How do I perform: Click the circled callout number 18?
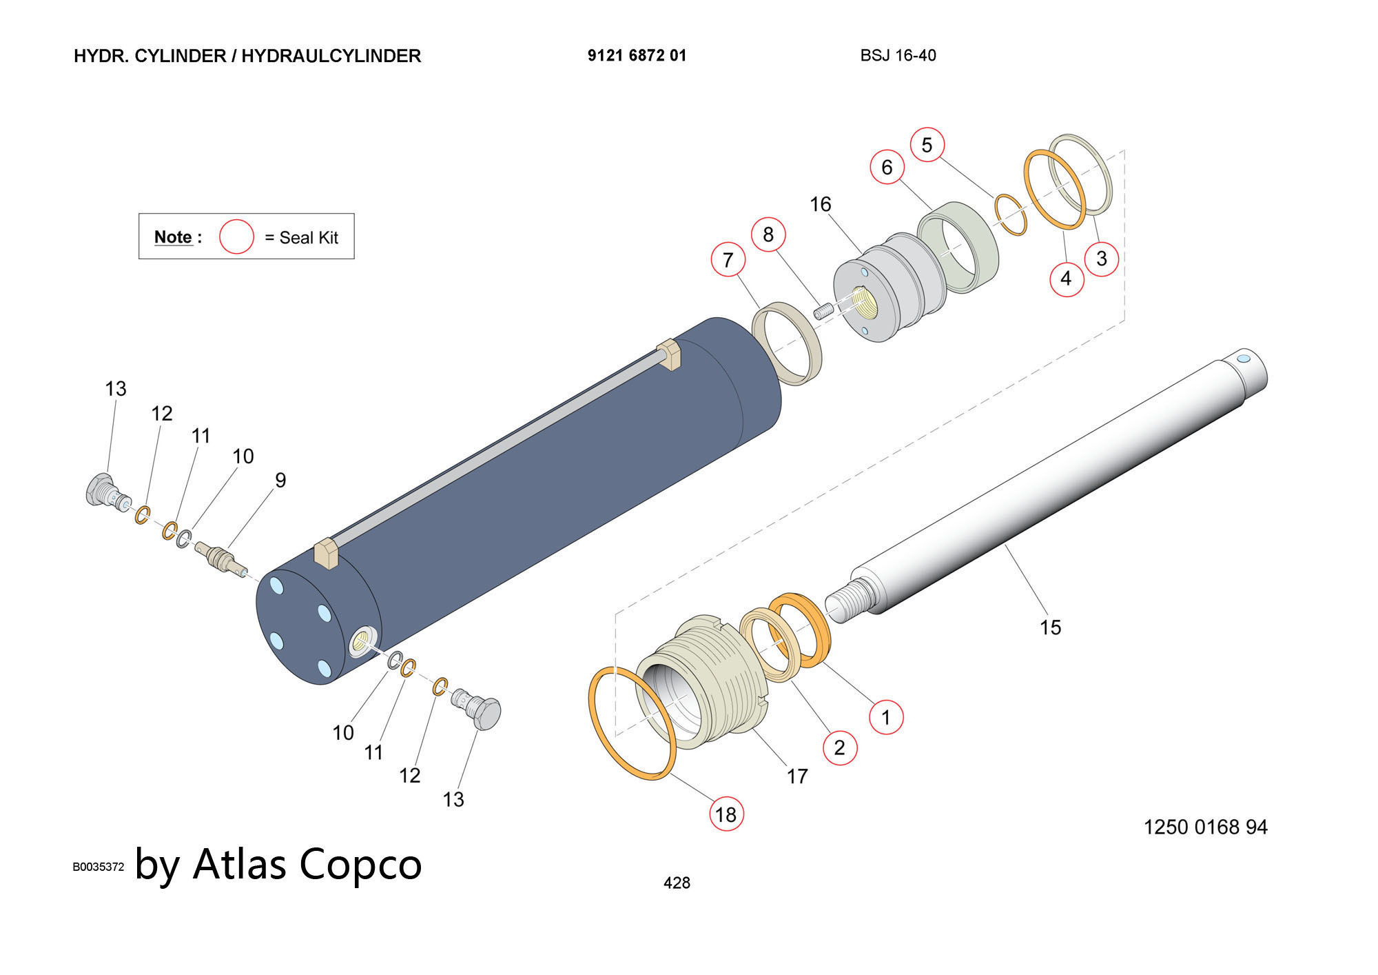726,814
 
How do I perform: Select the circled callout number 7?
728,260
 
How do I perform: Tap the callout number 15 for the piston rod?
1050,627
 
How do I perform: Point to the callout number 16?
820,204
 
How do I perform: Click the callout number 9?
280,480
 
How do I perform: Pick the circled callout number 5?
927,145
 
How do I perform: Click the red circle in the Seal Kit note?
236,237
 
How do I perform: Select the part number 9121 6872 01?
637,56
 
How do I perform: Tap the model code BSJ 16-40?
898,56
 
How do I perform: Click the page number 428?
677,883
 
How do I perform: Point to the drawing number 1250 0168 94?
1205,827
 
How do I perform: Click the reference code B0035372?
98,867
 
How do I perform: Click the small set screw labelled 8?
823,311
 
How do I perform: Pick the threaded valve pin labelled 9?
220,558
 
